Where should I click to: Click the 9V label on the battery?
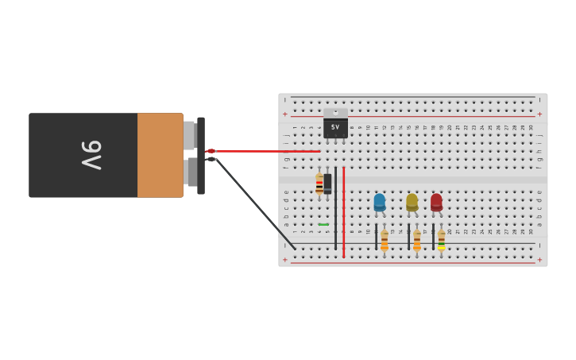click(91, 154)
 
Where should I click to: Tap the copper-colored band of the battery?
click(160, 155)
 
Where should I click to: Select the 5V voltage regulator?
click(335, 125)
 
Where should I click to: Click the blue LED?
click(380, 202)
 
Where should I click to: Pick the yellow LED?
click(412, 202)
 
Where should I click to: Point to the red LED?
click(436, 202)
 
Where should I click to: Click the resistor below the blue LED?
click(385, 240)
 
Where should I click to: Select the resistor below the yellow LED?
click(416, 240)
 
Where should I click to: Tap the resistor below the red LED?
click(441, 240)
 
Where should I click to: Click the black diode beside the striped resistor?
click(327, 184)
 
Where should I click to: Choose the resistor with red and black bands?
click(319, 184)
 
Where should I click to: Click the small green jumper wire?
click(323, 224)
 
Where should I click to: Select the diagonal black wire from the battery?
click(254, 203)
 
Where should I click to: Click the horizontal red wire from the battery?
click(266, 151)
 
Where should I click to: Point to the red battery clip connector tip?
click(211, 151)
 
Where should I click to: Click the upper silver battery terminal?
click(189, 135)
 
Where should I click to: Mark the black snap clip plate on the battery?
click(201, 156)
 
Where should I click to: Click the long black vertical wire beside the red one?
click(335, 207)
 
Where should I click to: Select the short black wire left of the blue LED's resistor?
click(376, 237)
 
